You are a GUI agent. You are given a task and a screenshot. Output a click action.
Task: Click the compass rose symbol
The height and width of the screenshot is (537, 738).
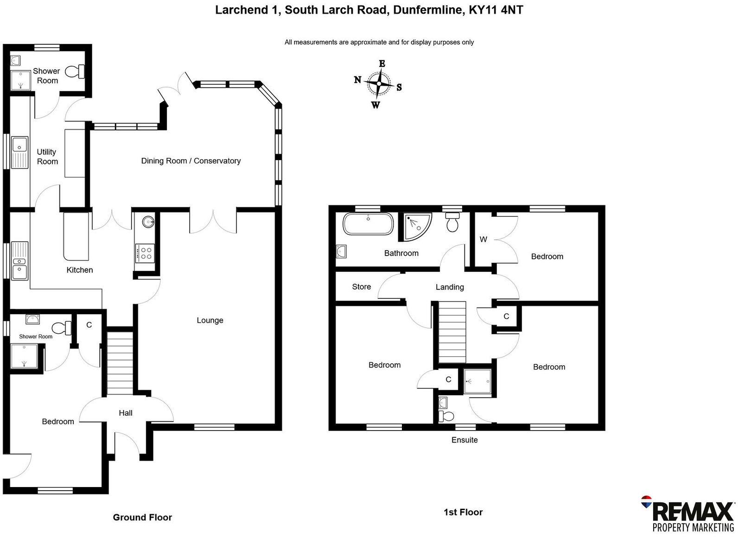pyautogui.click(x=379, y=84)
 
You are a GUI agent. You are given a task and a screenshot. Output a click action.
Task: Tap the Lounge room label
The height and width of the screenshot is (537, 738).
pyautogui.click(x=210, y=320)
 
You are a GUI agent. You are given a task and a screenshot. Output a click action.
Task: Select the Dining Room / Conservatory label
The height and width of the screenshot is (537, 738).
pyautogui.click(x=191, y=161)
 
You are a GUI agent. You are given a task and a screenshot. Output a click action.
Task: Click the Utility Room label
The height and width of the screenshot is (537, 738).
pyautogui.click(x=47, y=156)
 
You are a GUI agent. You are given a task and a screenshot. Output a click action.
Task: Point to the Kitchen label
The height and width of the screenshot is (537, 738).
pyautogui.click(x=80, y=270)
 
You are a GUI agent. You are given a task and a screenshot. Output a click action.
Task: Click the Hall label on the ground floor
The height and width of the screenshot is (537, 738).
pyautogui.click(x=126, y=413)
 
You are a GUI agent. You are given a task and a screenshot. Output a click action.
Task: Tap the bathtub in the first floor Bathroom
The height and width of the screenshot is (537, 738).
pyautogui.click(x=368, y=224)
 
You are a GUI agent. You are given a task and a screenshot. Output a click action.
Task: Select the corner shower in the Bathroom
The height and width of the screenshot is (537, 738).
pyautogui.click(x=417, y=226)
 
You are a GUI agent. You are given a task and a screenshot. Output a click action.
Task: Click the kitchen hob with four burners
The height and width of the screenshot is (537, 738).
pyautogui.click(x=146, y=253)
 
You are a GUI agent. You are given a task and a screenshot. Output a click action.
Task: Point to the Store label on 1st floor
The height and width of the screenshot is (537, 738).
pyautogui.click(x=362, y=287)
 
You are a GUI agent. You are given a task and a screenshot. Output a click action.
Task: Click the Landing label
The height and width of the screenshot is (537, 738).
pyautogui.click(x=450, y=287)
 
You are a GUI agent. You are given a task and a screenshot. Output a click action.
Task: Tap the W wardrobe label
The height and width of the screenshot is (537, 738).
pyautogui.click(x=484, y=239)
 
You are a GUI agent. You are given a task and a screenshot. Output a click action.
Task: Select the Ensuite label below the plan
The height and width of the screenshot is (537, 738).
pyautogui.click(x=464, y=440)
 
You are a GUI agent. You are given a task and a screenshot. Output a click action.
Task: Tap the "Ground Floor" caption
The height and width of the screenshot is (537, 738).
pyautogui.click(x=142, y=518)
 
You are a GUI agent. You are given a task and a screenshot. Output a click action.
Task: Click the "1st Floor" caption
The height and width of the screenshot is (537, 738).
pyautogui.click(x=463, y=512)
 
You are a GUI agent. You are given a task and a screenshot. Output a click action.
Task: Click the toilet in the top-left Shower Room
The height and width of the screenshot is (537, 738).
pyautogui.click(x=75, y=72)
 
